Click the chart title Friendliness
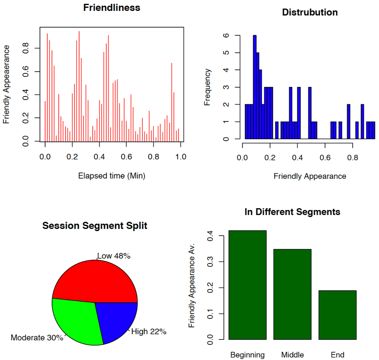point(112,8)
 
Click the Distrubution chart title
point(310,12)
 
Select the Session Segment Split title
point(95,226)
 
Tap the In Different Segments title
point(292,212)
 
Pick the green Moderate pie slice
point(76,320)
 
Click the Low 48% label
point(114,256)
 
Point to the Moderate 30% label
point(37,338)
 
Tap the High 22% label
point(149,331)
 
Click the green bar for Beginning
point(247,285)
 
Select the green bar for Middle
point(292,294)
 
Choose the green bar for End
point(337,315)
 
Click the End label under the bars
point(337,355)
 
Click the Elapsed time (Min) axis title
point(112,176)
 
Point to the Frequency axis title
point(208,87)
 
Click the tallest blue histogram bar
point(255,87)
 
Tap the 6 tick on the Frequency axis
point(227,36)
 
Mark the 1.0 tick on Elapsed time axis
point(180,157)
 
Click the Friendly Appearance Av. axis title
point(192,286)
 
